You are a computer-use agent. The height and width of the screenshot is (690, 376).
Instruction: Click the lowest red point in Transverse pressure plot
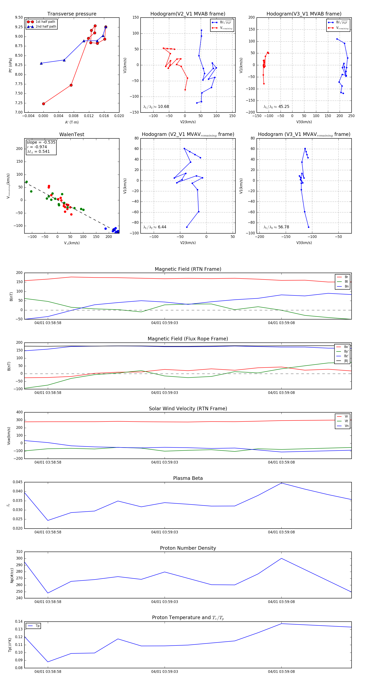coord(44,104)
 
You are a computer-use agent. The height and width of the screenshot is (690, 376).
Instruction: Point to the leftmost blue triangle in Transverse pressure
coord(41,63)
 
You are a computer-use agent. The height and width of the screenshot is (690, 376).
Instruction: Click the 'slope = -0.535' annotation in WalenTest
coord(41,142)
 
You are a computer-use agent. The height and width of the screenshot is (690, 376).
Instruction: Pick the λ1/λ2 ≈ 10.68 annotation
coord(156,107)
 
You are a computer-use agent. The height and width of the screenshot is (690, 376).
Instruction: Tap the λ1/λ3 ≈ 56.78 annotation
coord(276,227)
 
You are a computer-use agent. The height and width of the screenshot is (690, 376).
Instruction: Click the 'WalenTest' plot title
coord(72,134)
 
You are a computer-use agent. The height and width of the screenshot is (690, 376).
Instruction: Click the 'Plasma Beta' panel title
coord(188,478)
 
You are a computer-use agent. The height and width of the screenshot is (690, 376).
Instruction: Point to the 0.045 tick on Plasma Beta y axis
coord(18,482)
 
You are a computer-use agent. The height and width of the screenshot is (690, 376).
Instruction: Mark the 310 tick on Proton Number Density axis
coord(19,552)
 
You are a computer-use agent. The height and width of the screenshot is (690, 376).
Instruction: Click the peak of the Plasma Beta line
coord(281,483)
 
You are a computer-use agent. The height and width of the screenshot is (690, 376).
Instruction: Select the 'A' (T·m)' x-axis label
coord(72,122)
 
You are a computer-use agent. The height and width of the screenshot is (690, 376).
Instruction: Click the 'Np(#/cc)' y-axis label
coord(12,575)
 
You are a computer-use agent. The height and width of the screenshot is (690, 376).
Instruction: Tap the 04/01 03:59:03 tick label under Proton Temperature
coord(165,672)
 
